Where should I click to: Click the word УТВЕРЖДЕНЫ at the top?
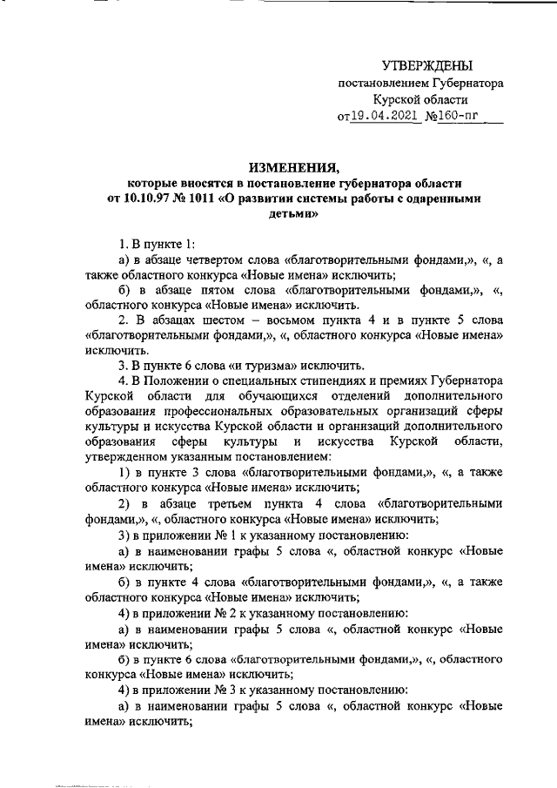pyautogui.click(x=427, y=66)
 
